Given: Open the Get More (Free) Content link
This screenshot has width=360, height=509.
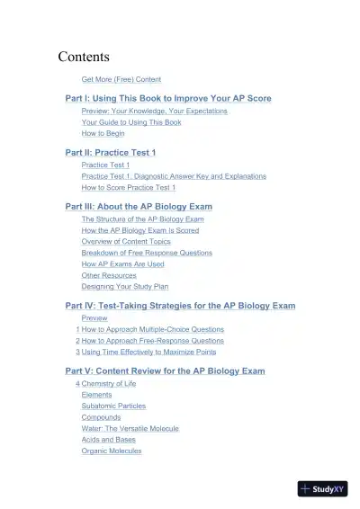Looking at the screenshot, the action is [121, 79].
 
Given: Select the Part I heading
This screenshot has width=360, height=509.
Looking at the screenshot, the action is [168, 98].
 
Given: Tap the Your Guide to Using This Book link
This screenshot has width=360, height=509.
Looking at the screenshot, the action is [131, 121].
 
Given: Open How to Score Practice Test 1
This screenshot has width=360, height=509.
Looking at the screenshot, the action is [129, 188].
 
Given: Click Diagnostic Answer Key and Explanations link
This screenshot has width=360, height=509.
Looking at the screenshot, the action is [174, 176].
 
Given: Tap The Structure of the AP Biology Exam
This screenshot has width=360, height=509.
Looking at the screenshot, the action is [142, 219].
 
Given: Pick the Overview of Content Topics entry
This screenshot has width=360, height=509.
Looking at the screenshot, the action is [125, 242].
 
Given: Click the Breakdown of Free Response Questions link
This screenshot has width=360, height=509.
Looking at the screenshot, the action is [147, 253].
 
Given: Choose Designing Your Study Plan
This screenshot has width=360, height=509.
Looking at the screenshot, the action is [124, 287].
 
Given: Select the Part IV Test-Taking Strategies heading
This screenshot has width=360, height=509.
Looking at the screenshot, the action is [180, 306].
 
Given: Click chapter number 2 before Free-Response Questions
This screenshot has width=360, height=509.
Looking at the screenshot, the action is [78, 342].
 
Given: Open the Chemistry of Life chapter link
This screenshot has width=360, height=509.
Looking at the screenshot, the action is [110, 384].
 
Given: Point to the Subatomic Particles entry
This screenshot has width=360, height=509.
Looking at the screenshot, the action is [113, 406].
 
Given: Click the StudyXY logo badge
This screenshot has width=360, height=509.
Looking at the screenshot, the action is [321, 488].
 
